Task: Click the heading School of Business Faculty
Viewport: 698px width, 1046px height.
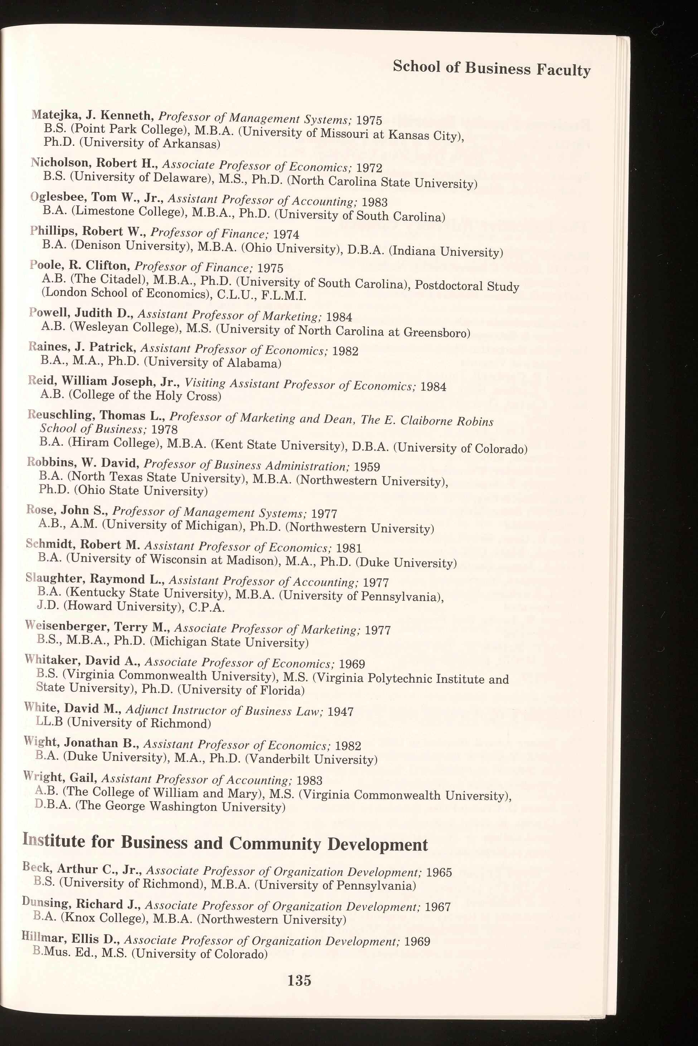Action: [492, 69]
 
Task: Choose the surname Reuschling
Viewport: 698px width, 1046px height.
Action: [60, 416]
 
